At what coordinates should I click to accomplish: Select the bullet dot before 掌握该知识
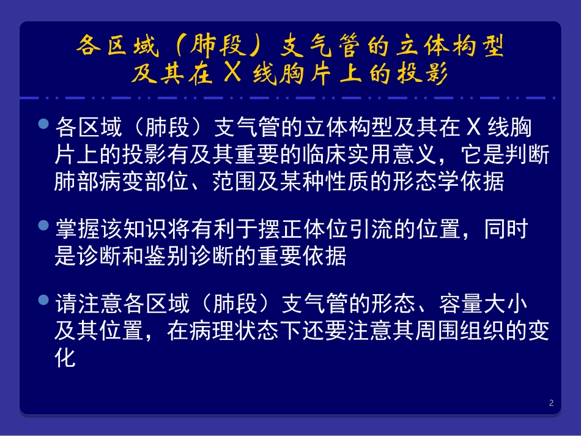(x=43, y=225)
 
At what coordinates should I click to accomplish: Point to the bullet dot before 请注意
(x=43, y=300)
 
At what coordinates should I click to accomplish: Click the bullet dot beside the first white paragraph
(x=43, y=124)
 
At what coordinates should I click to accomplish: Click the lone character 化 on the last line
(x=65, y=357)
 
